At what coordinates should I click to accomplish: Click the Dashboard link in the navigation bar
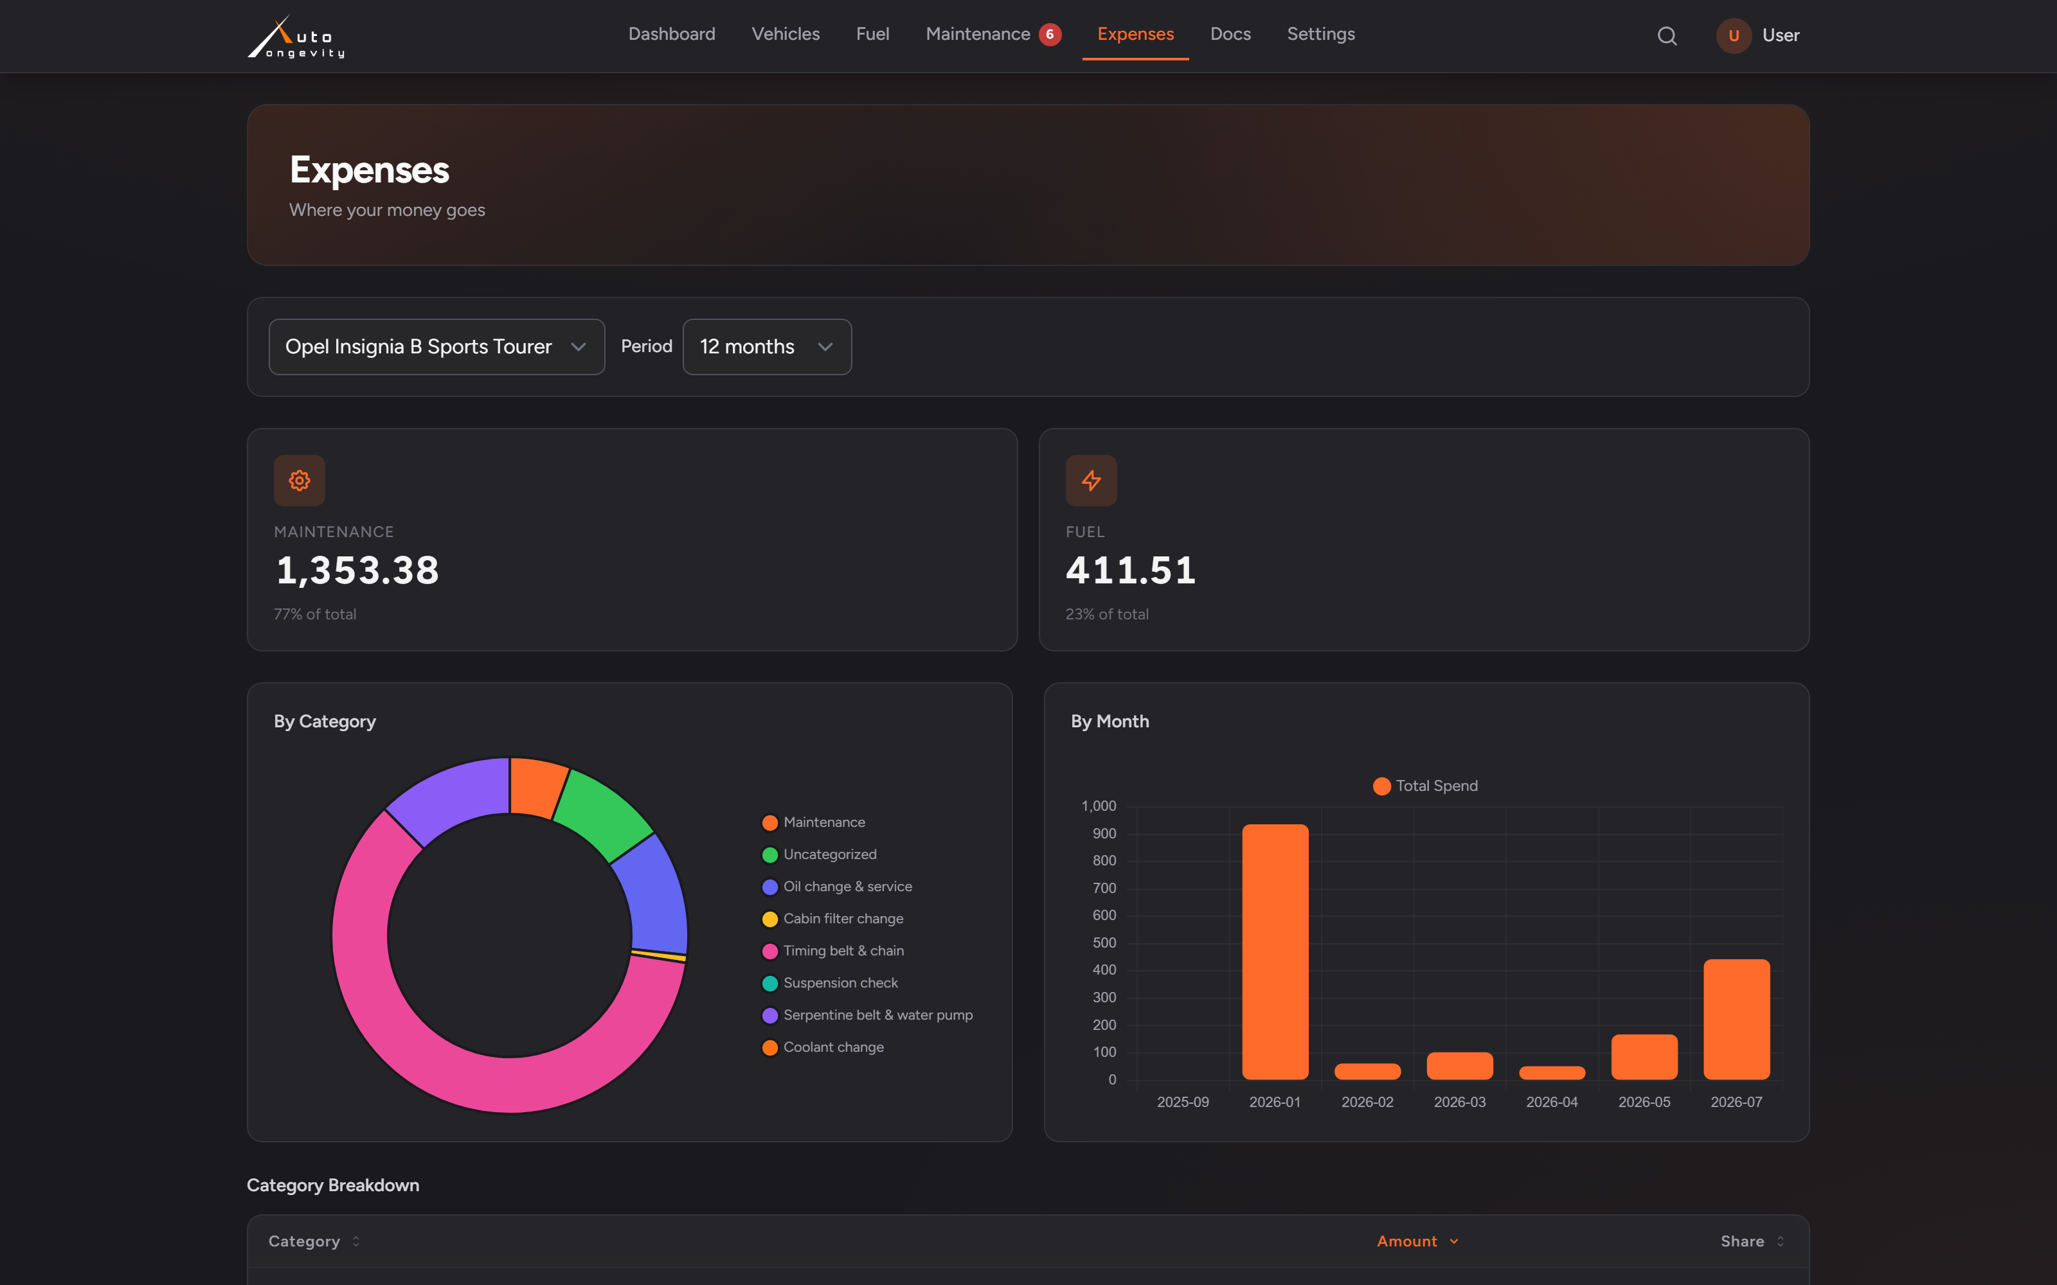(x=672, y=34)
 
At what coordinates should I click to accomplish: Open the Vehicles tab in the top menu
(x=786, y=34)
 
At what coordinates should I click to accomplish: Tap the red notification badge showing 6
(x=1050, y=34)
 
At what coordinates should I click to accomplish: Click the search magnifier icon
(x=1667, y=36)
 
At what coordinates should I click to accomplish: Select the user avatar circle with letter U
(x=1733, y=36)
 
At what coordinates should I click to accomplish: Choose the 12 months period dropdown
(x=767, y=347)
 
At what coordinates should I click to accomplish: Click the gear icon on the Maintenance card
(x=299, y=480)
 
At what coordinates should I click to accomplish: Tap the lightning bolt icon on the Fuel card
(x=1091, y=480)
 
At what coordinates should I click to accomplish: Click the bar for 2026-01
(x=1275, y=952)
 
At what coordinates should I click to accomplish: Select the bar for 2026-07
(x=1736, y=1020)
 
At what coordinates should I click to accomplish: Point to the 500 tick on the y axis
(x=1104, y=943)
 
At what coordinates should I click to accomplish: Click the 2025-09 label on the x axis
(x=1182, y=1103)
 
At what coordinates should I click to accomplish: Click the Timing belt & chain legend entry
(x=833, y=951)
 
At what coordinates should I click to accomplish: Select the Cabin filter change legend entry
(x=833, y=919)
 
